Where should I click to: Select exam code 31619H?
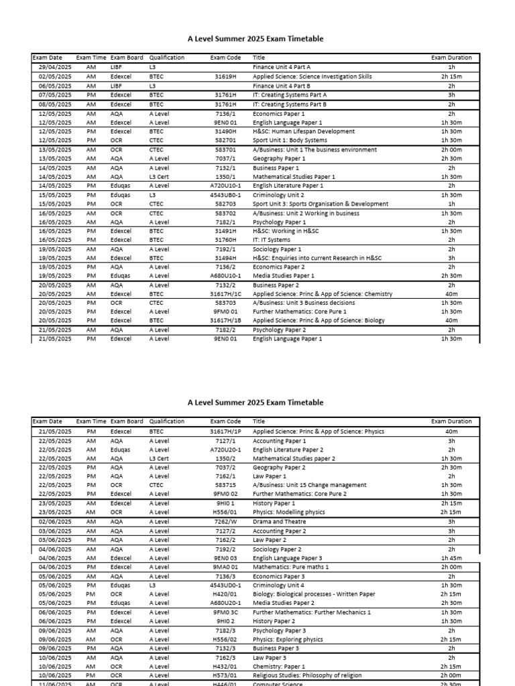(x=225, y=77)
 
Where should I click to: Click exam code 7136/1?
(x=225, y=114)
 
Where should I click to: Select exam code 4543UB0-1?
(x=225, y=195)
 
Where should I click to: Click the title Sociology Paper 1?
(x=278, y=249)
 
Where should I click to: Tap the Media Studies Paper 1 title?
(x=284, y=275)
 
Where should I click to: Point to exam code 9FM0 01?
(x=225, y=312)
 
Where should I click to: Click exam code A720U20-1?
(x=225, y=450)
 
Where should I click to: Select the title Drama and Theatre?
(x=279, y=522)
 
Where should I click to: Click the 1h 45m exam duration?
(x=451, y=558)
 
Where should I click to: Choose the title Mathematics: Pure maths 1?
(x=290, y=567)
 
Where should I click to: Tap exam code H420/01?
(x=225, y=594)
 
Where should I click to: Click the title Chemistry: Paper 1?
(x=278, y=667)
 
